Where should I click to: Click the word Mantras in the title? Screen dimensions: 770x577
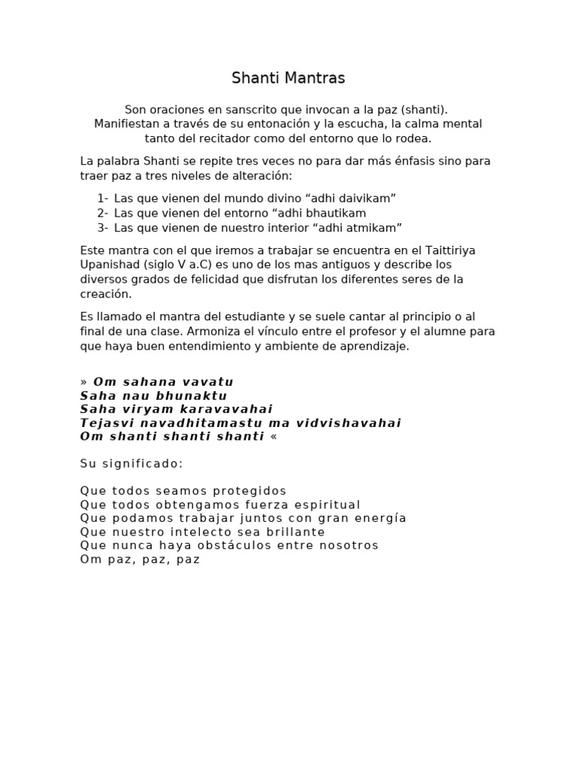[310, 78]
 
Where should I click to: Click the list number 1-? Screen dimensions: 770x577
[102, 199]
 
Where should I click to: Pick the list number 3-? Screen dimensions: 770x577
[102, 227]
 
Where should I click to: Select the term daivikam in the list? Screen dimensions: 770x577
[369, 199]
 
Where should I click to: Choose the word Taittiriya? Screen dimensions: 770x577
[449, 250]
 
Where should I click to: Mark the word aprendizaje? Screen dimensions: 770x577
[373, 346]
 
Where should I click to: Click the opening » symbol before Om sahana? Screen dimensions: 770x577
[84, 382]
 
